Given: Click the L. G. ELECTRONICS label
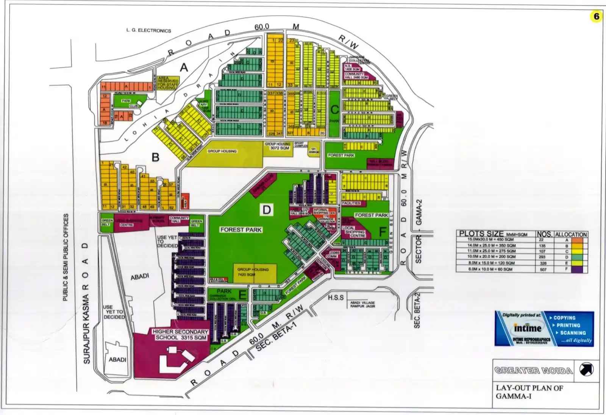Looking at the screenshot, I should pos(149,31).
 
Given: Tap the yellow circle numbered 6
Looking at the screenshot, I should pos(597,16).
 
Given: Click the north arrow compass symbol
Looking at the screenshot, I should pos(587,369).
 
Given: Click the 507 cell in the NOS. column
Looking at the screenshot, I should pos(544,269).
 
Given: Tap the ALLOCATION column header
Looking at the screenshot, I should pos(571,234).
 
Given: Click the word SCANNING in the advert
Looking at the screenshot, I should pos(573,333).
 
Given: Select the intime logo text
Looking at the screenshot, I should pos(528,328).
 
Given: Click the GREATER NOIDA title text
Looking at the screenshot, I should pos(533,370).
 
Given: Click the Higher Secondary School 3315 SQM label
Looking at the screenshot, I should pos(180,334).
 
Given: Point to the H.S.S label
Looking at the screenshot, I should pos(336,297).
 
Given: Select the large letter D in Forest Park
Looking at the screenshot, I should pos(267,210).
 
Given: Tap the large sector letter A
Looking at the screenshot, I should pos(184,68).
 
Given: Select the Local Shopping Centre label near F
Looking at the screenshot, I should pos(355,232).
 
